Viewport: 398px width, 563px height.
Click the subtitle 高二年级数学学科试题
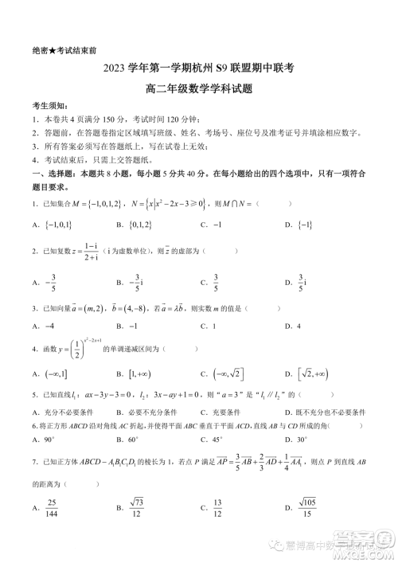[198, 89]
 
